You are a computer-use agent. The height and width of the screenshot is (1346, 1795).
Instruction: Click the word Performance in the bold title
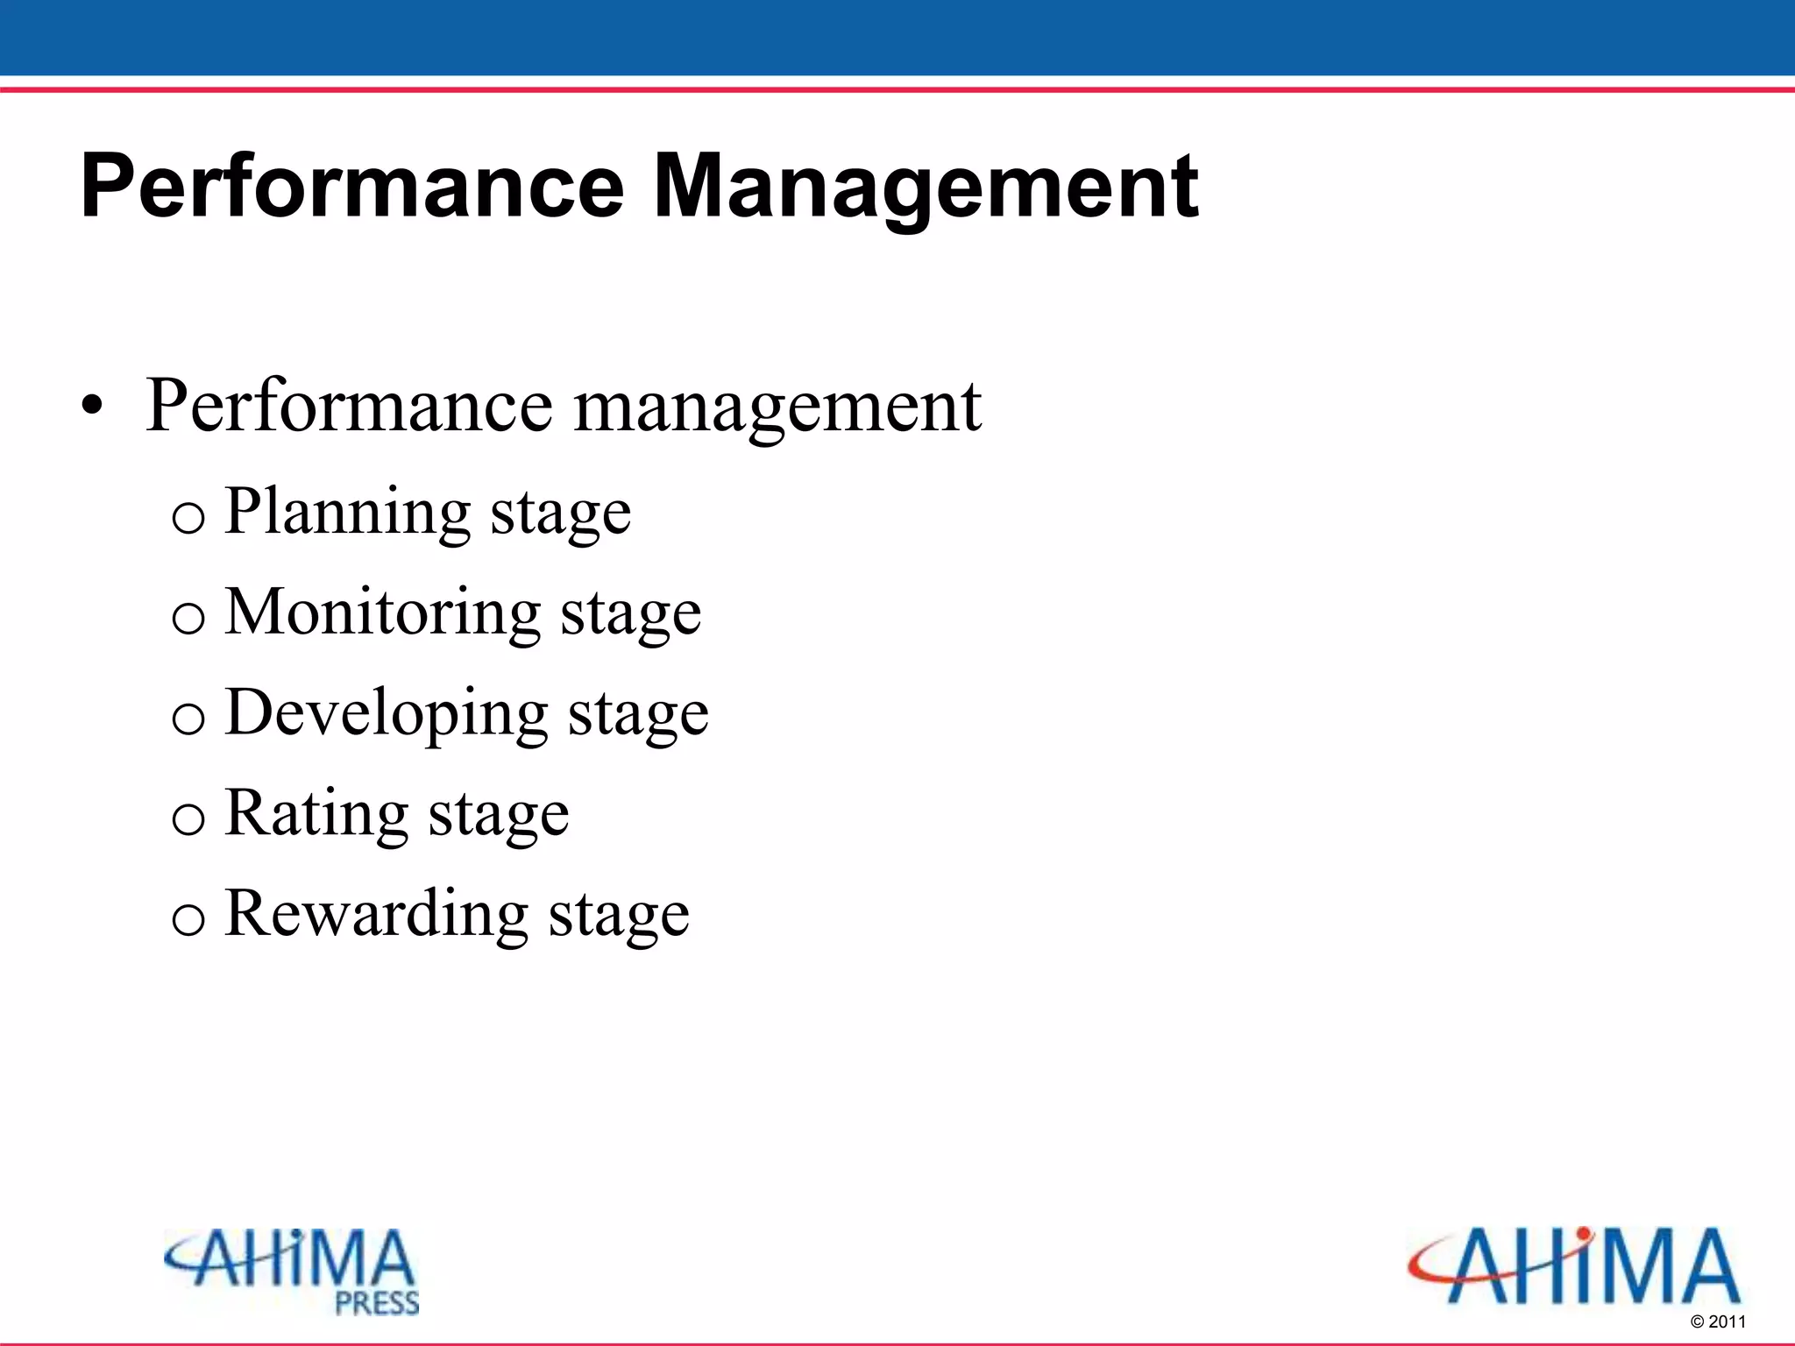click(351, 186)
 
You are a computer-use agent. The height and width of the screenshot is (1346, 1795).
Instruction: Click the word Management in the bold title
click(926, 186)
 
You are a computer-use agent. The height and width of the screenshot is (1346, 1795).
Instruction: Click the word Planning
click(348, 512)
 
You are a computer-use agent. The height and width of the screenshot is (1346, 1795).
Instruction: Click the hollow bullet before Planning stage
click(188, 518)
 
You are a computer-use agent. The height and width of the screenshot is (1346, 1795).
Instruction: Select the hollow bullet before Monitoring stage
click(188, 619)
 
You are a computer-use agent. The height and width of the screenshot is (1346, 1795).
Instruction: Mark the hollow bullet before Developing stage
click(188, 719)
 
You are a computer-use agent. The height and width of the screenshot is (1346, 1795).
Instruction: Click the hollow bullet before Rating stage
click(188, 820)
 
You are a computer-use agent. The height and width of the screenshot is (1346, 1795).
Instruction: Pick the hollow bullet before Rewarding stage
click(188, 920)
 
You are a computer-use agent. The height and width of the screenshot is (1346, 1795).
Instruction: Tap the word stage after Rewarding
click(619, 917)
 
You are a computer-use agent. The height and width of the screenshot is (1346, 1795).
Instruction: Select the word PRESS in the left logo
click(377, 1303)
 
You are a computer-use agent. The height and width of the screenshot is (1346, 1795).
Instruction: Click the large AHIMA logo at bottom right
click(1574, 1266)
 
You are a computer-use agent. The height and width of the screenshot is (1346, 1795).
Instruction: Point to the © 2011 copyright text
click(1718, 1321)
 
